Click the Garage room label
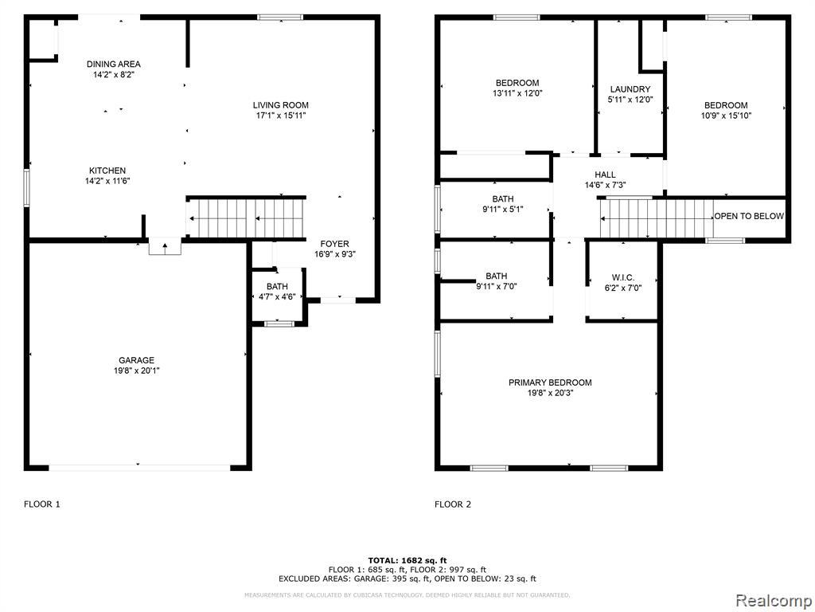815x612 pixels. [x=136, y=360]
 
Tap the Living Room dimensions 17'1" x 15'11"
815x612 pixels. [x=281, y=116]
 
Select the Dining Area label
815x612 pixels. [x=113, y=64]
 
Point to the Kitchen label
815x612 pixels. [x=107, y=171]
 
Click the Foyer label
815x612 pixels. [x=335, y=244]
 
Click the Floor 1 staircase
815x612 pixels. [x=246, y=218]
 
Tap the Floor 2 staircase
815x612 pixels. [x=657, y=218]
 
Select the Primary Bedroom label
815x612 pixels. [x=550, y=382]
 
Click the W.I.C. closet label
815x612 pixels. [x=622, y=278]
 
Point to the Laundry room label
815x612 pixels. [x=630, y=89]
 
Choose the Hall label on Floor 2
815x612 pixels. [x=605, y=175]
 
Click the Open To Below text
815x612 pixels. [x=749, y=216]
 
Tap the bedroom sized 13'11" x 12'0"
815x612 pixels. [x=517, y=88]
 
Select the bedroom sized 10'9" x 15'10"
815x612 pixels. [x=726, y=110]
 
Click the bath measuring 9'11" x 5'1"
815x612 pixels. [x=503, y=204]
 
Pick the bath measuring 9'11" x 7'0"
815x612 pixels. [x=497, y=281]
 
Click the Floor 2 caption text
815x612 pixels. [x=453, y=504]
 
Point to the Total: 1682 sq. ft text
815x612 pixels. [x=407, y=560]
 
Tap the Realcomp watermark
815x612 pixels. [x=772, y=600]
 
